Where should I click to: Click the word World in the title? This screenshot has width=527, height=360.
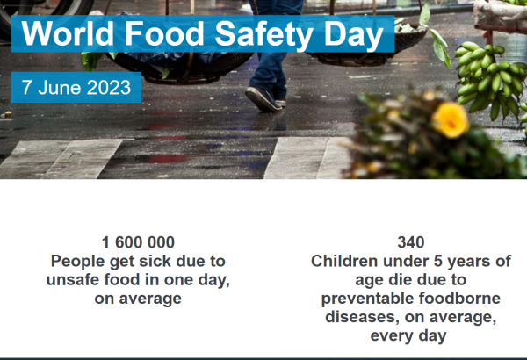click(68, 33)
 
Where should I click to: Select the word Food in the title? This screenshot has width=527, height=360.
click(164, 33)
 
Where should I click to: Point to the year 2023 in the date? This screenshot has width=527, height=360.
click(109, 88)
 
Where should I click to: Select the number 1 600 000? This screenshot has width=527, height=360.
click(138, 242)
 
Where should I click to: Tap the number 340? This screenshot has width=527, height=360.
click(411, 242)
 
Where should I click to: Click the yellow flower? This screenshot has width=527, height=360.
click(451, 120)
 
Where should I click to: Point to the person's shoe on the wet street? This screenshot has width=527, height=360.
click(263, 99)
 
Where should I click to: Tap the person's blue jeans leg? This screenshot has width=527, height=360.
click(269, 68)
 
